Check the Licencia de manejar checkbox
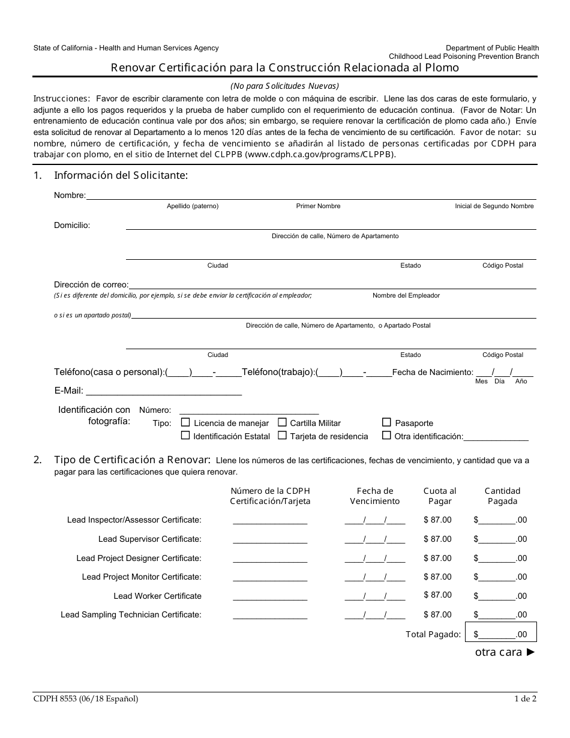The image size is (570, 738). point(185,422)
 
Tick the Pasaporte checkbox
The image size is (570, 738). point(386,422)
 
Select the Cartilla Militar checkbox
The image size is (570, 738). point(282,422)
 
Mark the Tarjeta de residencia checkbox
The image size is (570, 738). point(282,436)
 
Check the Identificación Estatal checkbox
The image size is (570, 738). point(185,436)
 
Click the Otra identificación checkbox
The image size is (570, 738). point(386,436)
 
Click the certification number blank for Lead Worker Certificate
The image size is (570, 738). point(269,596)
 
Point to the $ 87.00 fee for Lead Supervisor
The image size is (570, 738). point(437,539)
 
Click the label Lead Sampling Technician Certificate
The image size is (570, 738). point(131,614)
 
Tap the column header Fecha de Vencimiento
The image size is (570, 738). point(374,496)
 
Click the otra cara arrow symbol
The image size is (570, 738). point(530,652)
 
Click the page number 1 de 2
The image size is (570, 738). point(525,698)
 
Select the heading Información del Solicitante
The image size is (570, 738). point(121,175)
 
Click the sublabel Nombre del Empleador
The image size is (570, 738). point(406,295)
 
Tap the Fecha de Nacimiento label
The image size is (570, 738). point(432,372)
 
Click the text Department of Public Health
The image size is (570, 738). point(492,48)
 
